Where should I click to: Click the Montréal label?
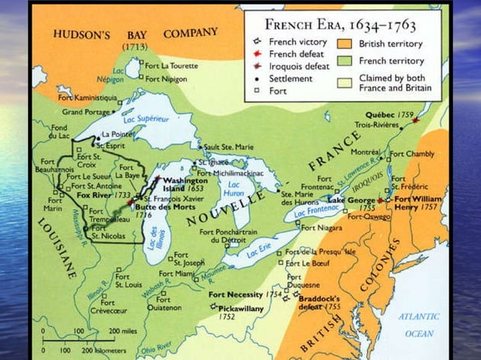coord(366,152)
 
